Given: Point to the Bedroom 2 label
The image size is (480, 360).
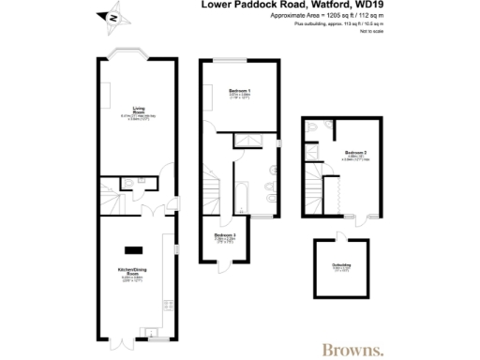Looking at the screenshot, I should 355,152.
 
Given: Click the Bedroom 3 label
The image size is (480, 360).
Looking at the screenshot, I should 224,234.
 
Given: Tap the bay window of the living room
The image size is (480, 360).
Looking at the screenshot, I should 125,54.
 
